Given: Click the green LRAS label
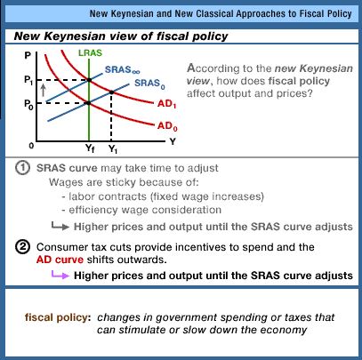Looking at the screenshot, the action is [90, 53].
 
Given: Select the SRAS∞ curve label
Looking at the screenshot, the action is [123, 70].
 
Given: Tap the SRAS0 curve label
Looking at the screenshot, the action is [149, 84].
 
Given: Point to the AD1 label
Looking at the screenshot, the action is [167, 104].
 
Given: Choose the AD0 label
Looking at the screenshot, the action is [167, 126].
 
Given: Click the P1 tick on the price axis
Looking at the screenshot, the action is [28, 80].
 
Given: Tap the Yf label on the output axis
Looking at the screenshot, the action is [90, 148].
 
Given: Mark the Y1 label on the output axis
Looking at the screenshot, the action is [113, 148].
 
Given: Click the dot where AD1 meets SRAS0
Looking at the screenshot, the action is [111, 92].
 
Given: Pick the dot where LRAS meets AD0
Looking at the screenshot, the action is [88, 103].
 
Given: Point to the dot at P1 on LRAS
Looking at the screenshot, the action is [89, 80].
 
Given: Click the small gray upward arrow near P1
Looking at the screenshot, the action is [44, 90].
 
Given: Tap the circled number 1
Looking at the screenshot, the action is [22, 168].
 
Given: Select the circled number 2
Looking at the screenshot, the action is [22, 247].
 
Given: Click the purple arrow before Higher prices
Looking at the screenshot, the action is [60, 275].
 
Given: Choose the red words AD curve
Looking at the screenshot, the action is [60, 260].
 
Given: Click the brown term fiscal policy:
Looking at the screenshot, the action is [58, 317].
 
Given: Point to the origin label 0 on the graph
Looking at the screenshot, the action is [31, 146].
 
